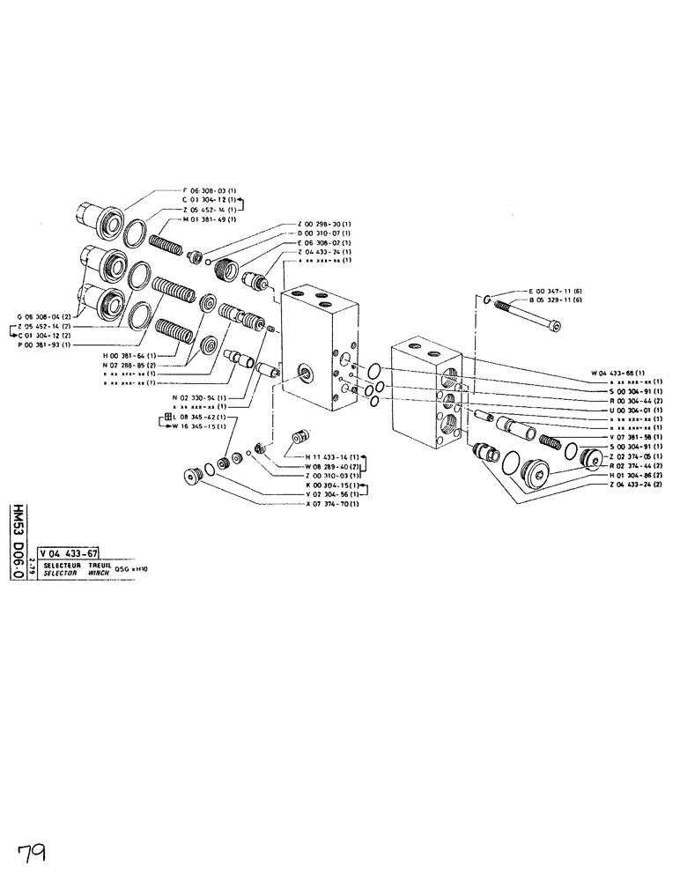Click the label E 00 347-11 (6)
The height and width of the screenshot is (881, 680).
tap(558, 291)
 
